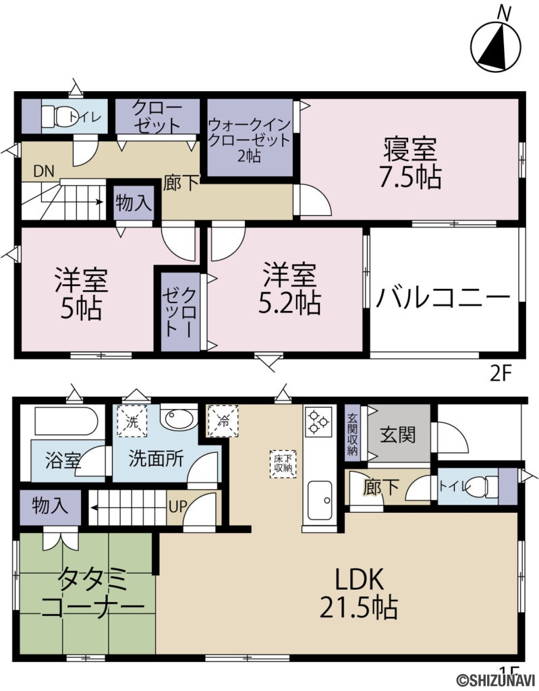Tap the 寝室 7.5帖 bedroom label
(411, 162)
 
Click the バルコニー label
(443, 298)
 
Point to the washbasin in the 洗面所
(179, 419)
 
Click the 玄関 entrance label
(398, 435)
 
